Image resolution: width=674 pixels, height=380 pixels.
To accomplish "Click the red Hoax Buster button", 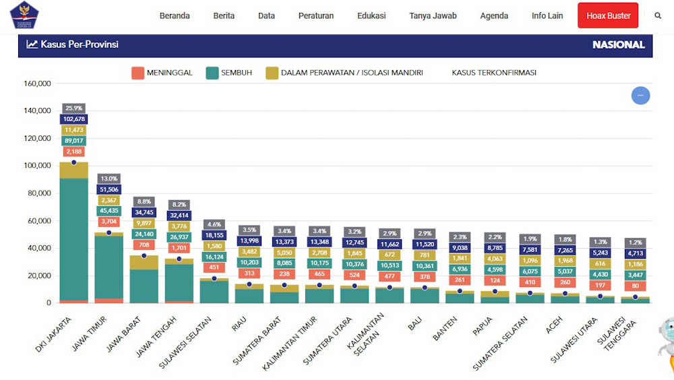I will pyautogui.click(x=607, y=15).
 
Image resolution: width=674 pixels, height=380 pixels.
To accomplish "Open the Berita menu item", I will pyautogui.click(x=224, y=15).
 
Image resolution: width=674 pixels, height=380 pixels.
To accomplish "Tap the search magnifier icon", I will pyautogui.click(x=658, y=15).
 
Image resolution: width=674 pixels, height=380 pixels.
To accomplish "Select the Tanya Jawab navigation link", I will pyautogui.click(x=433, y=15).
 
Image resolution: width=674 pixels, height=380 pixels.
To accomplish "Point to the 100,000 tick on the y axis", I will pyautogui.click(x=37, y=166).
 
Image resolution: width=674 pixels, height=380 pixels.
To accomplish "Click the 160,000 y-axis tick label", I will pyautogui.click(x=37, y=84).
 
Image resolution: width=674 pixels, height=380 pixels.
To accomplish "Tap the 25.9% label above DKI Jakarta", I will pyautogui.click(x=73, y=108).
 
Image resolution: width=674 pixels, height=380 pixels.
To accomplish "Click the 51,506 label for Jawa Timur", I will pyautogui.click(x=109, y=189).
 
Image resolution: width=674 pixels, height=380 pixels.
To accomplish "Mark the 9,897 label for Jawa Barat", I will pyautogui.click(x=144, y=223).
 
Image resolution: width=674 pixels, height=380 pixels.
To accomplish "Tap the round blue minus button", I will pyautogui.click(x=640, y=96).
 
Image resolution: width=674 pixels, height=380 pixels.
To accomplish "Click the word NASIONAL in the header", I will pyautogui.click(x=618, y=44).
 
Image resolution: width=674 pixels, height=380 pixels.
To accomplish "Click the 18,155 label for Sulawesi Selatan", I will pyautogui.click(x=214, y=235).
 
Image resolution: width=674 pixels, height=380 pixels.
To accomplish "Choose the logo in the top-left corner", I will pyautogui.click(x=24, y=15).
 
